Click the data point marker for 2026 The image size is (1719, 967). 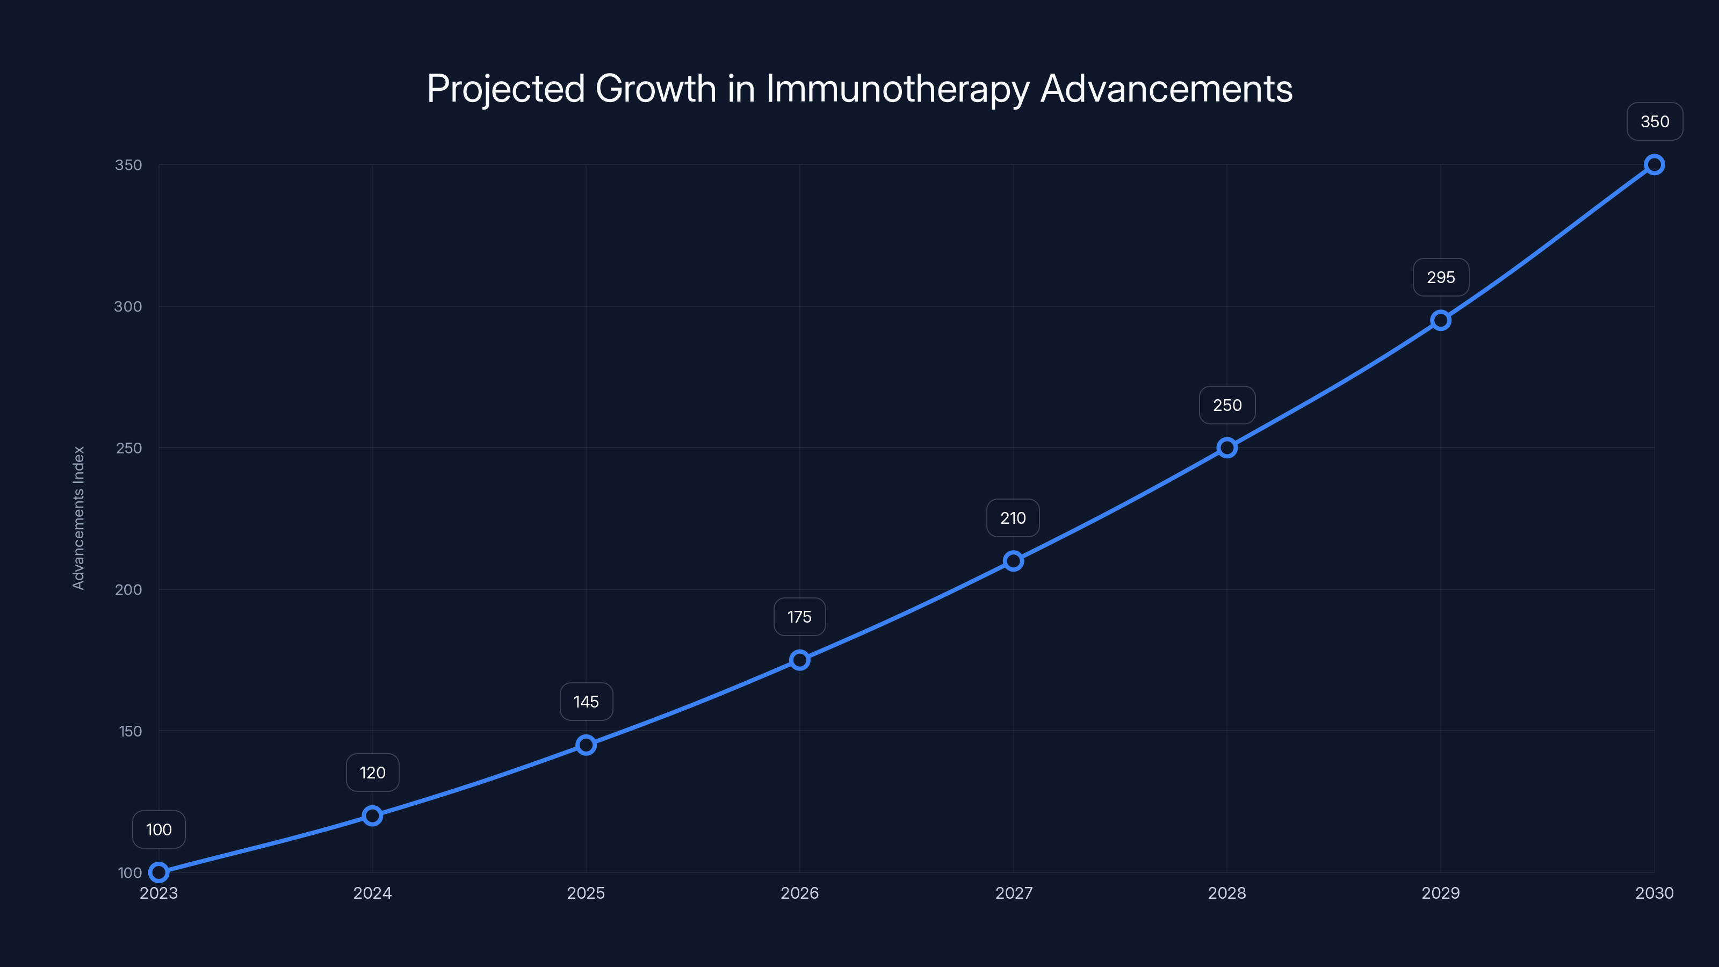coord(799,660)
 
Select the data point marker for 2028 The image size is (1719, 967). coord(1226,448)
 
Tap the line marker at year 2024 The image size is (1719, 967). coord(372,816)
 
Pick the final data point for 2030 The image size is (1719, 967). coord(1655,165)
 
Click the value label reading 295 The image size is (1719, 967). coord(1441,278)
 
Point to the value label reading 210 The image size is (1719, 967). coord(1013,518)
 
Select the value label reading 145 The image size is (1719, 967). coord(586,702)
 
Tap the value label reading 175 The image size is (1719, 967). coord(799,617)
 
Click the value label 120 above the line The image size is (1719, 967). coord(372,773)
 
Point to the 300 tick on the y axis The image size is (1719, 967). coord(128,306)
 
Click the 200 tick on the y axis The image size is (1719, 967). coord(128,589)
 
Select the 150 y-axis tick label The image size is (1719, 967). coord(130,731)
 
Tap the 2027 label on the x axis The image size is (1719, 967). coord(1014,893)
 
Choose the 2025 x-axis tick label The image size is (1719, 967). coord(586,893)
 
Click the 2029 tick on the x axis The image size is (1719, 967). coord(1441,893)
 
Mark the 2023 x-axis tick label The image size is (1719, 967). coord(159,893)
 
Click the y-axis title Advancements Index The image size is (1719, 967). coord(79,518)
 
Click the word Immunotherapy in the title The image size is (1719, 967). coord(898,89)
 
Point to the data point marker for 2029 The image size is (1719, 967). coord(1441,320)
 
